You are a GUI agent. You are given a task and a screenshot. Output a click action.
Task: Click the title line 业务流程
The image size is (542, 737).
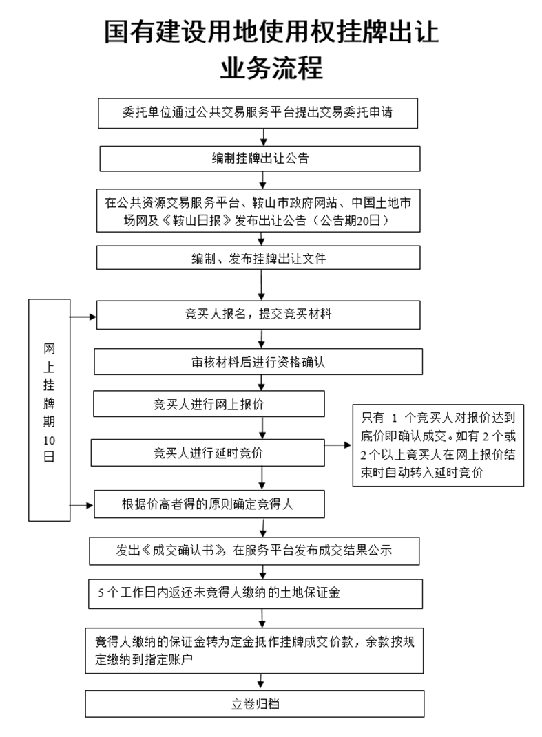271,69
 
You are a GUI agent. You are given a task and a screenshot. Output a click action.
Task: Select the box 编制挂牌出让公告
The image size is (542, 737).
260,158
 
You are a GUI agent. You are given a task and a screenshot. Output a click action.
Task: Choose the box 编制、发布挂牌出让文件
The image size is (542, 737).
258,259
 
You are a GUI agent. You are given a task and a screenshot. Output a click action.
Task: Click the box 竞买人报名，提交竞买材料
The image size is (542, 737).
258,314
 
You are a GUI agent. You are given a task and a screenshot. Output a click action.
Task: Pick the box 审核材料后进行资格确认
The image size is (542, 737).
258,362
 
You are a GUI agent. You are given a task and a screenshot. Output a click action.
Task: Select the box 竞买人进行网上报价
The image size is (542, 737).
209,404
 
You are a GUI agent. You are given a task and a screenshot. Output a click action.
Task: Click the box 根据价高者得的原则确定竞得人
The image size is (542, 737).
209,504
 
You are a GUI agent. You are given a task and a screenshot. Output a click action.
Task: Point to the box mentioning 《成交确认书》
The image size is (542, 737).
254,551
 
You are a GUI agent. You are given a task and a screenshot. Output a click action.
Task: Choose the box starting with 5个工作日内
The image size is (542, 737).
254,593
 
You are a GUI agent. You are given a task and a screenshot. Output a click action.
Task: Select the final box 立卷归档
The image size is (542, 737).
254,705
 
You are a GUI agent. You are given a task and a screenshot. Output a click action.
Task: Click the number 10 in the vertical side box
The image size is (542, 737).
48,440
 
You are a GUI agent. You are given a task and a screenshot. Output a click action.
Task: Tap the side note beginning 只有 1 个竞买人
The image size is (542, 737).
438,445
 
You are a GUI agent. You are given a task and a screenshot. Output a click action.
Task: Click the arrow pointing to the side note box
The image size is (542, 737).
337,445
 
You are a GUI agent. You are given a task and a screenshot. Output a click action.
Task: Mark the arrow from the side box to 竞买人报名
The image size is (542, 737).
83,317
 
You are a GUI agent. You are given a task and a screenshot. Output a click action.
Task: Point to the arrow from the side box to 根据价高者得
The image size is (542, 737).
83,506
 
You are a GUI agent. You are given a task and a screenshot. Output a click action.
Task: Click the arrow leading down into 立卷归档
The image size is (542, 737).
260,682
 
